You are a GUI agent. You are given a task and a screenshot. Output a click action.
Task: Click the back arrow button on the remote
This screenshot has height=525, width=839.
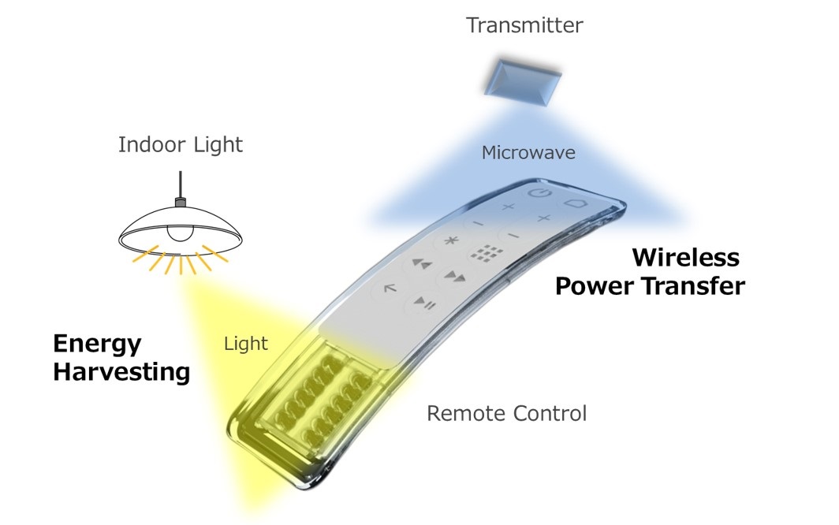[x=390, y=289]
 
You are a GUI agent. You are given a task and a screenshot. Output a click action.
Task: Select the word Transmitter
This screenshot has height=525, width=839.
[x=524, y=25]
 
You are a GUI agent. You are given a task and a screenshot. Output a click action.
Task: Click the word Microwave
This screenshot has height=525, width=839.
[x=528, y=152]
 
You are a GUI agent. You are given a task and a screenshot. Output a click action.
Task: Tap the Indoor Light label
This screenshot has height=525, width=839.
[x=181, y=144]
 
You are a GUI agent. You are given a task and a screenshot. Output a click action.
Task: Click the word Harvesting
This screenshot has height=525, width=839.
[x=121, y=371]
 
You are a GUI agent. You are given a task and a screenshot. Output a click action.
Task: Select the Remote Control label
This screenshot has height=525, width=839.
[x=506, y=412]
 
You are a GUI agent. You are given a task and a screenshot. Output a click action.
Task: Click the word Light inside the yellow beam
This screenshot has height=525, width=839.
[x=246, y=343]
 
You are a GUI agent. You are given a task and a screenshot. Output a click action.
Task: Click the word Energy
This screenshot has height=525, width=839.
[x=97, y=344]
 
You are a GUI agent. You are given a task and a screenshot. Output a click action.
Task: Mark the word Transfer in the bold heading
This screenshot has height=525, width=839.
[x=696, y=285]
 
